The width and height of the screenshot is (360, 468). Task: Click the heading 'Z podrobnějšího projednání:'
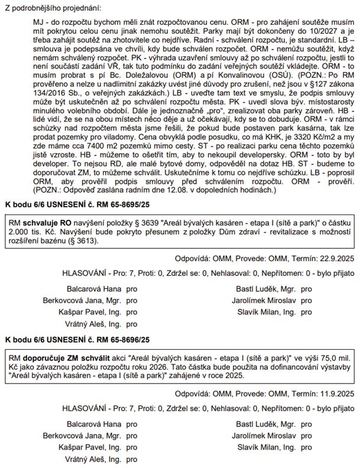53,8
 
